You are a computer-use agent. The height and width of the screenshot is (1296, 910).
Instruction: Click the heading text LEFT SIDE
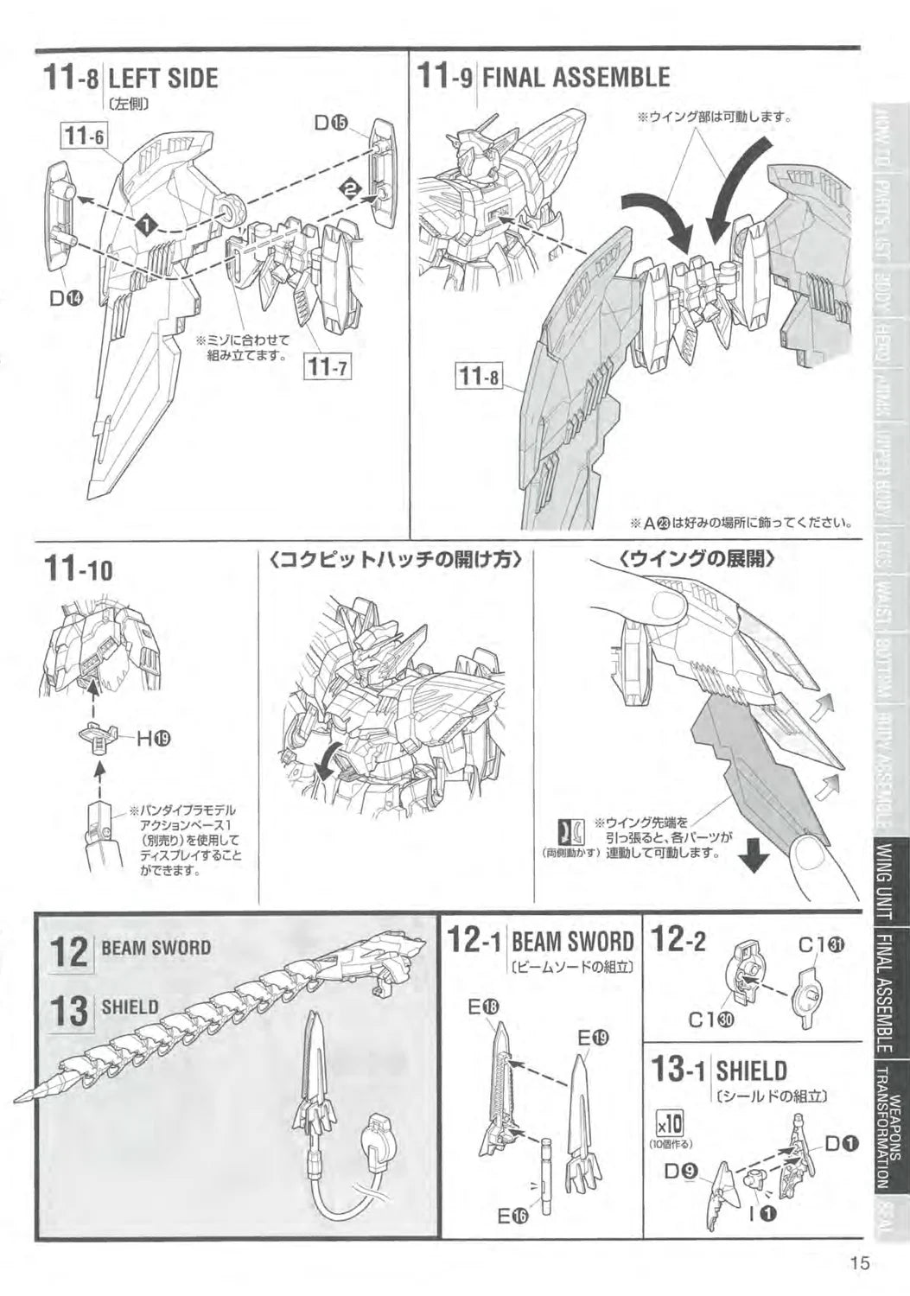click(163, 79)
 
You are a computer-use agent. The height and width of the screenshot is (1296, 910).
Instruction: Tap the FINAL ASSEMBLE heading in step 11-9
click(575, 78)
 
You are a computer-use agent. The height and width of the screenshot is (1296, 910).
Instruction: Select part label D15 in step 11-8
click(331, 124)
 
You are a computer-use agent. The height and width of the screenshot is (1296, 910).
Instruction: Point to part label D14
click(66, 299)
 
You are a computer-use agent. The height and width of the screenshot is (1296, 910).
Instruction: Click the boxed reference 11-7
click(327, 367)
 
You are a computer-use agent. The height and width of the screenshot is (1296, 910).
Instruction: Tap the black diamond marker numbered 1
click(148, 224)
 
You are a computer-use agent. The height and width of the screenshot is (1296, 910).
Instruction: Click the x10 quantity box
click(671, 1124)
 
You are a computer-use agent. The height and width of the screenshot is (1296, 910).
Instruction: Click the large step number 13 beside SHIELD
click(69, 1012)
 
